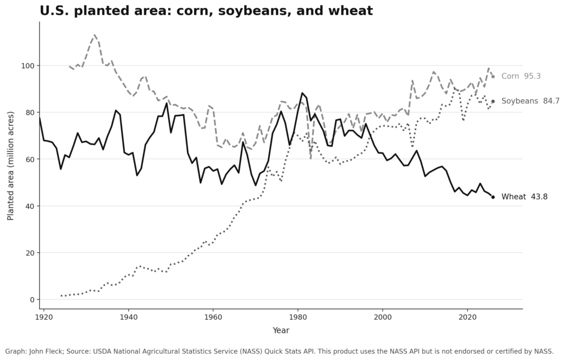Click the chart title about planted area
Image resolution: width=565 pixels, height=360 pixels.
tap(206, 10)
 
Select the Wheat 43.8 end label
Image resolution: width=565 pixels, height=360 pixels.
tap(524, 197)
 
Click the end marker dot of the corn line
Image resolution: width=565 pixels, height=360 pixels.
tap(493, 76)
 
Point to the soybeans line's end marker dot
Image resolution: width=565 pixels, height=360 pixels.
tap(493, 101)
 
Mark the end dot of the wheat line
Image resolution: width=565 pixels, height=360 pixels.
tap(493, 197)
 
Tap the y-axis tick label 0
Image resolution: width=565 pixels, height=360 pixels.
tap(32, 300)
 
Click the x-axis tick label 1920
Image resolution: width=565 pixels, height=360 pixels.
tap(44, 317)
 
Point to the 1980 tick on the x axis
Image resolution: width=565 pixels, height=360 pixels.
tap(298, 317)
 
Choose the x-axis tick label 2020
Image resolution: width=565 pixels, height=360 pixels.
tap(467, 317)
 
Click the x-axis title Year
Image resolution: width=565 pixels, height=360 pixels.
tap(281, 330)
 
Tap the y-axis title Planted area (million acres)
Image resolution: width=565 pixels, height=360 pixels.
tap(10, 166)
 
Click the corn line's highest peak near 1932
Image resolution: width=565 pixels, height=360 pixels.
tap(94, 34)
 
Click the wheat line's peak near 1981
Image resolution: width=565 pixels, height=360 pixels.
tap(302, 93)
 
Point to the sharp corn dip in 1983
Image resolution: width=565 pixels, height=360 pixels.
tap(311, 158)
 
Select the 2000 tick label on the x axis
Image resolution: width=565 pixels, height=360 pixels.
tap(382, 317)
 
